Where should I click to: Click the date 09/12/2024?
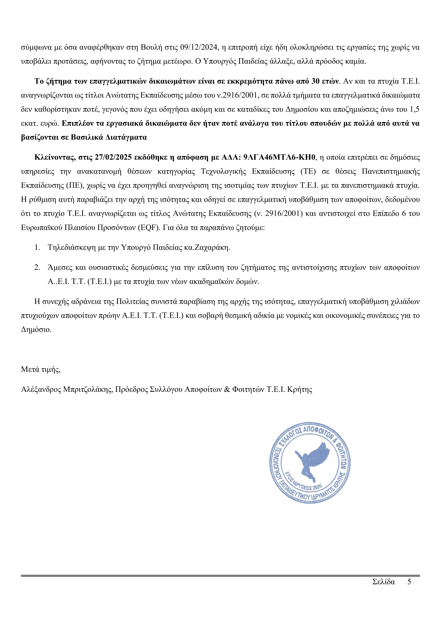pyautogui.click(x=199, y=47)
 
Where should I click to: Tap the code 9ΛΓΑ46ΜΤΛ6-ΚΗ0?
pyautogui.click(x=280, y=157)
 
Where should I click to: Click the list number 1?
pyautogui.click(x=37, y=247)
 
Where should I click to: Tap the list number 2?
pyautogui.click(x=37, y=267)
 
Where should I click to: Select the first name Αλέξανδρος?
pyautogui.click(x=41, y=390)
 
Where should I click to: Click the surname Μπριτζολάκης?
pyautogui.click(x=88, y=390)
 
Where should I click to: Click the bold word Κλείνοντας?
pyautogui.click(x=55, y=157)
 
